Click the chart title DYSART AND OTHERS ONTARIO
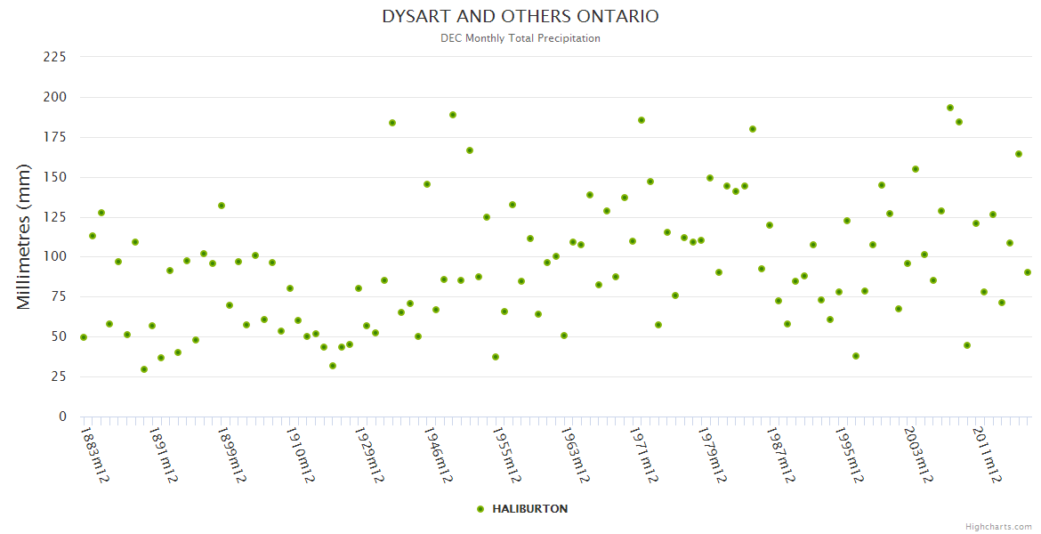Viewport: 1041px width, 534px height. coord(520,17)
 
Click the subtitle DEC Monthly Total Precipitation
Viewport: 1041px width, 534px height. coord(520,38)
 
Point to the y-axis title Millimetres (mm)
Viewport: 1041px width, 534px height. coord(24,237)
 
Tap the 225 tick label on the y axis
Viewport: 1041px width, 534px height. coord(55,57)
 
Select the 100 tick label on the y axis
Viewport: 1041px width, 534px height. coord(55,257)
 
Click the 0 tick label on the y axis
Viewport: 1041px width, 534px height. coord(62,417)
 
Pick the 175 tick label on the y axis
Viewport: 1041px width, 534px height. coord(55,137)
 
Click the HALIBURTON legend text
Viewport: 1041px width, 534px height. coord(529,509)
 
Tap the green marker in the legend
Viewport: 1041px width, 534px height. coord(480,509)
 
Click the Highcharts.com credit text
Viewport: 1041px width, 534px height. coord(998,526)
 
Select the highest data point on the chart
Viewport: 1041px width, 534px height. coord(950,108)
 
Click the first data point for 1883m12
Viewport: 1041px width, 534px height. coord(84,337)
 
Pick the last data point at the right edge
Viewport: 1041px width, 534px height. coord(1028,272)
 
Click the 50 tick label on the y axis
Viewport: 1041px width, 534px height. coord(59,336)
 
